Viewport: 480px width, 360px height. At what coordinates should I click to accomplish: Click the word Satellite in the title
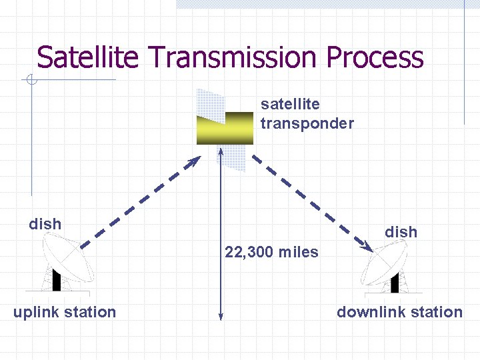(x=87, y=57)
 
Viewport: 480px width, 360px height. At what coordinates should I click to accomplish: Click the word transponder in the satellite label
(x=307, y=123)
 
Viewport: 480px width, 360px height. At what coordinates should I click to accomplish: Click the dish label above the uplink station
(x=45, y=224)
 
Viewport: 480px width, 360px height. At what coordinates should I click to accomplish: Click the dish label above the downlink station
(x=401, y=232)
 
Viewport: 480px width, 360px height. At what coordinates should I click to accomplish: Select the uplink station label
(x=65, y=312)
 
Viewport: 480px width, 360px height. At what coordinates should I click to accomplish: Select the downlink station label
(x=399, y=312)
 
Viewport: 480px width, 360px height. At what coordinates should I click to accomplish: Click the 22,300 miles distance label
(x=271, y=253)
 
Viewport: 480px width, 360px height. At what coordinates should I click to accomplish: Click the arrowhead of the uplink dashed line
(x=195, y=161)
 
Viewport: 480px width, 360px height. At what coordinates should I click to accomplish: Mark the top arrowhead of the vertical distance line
(x=221, y=151)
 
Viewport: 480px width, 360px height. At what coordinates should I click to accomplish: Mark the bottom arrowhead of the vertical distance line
(x=221, y=317)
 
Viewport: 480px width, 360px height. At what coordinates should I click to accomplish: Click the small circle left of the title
(x=31, y=81)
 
